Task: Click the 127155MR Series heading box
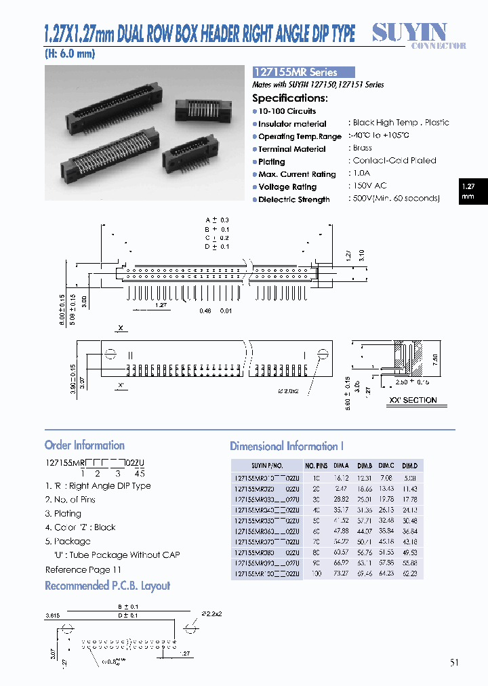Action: [303, 72]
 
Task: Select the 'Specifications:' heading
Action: [289, 98]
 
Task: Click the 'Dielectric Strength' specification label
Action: [293, 200]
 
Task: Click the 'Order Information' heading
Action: [85, 445]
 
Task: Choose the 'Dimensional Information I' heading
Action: [287, 446]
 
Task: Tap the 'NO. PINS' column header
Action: [317, 466]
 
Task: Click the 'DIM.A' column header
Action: [342, 466]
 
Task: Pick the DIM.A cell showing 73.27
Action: [341, 573]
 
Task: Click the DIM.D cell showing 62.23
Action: [409, 573]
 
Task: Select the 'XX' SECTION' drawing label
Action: [412, 400]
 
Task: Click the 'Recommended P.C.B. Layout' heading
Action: [107, 586]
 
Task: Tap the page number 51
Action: [454, 662]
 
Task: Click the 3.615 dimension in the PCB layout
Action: [53, 616]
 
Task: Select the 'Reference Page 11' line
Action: [83, 570]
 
